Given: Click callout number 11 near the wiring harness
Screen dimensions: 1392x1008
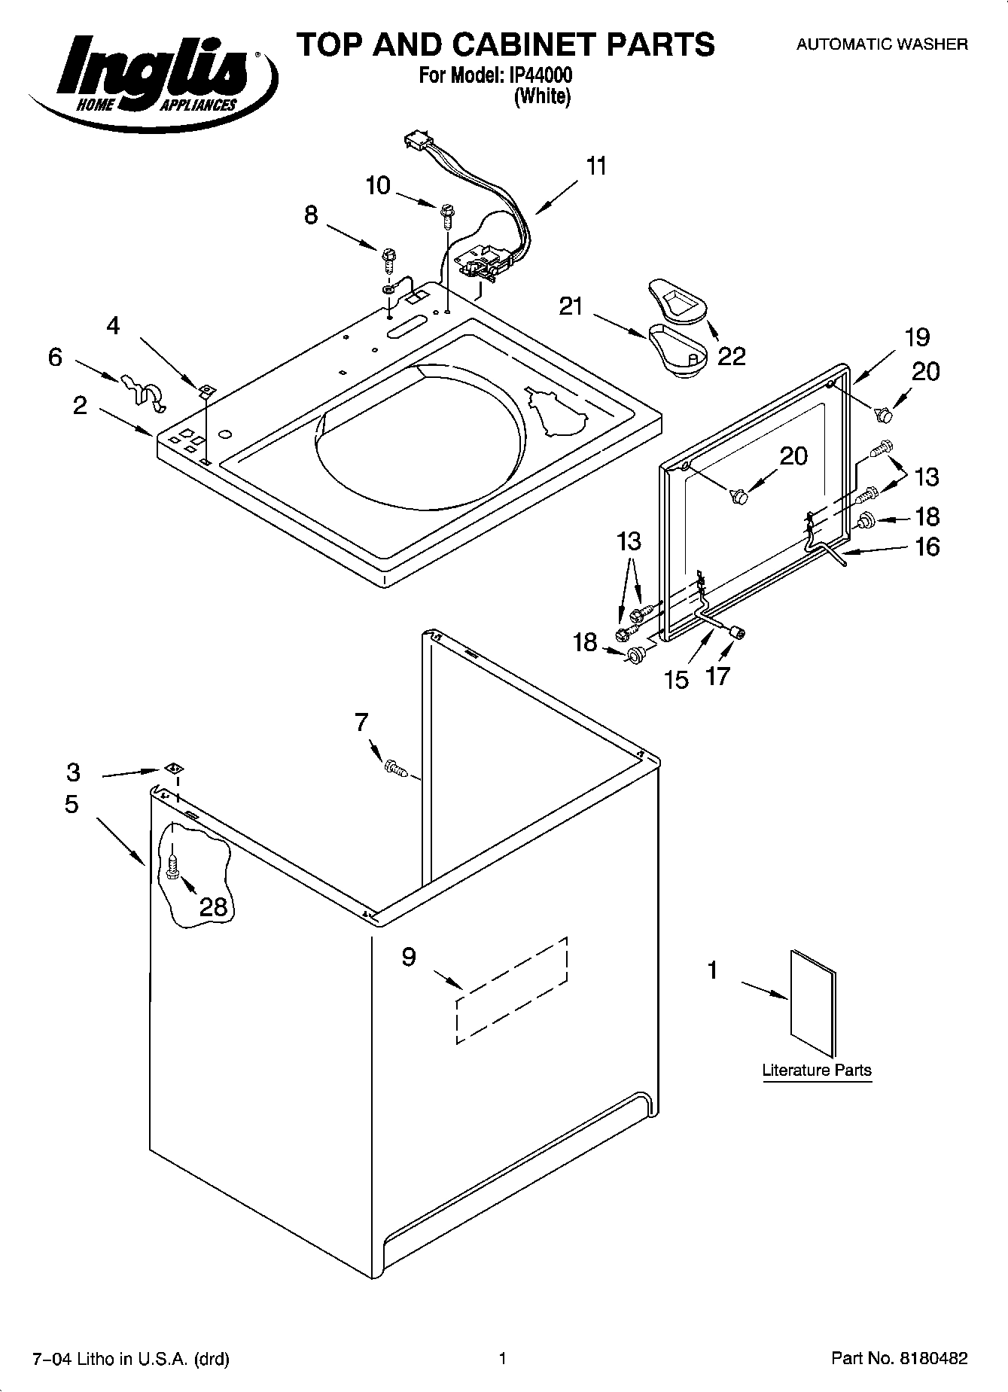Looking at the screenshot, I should point(596,166).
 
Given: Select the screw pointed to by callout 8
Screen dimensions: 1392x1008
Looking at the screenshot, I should point(389,260).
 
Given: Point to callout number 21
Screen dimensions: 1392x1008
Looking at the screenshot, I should point(571,306).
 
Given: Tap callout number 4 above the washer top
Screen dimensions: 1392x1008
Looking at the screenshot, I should point(113,325).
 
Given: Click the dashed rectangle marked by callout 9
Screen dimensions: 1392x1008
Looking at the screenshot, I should point(511,990).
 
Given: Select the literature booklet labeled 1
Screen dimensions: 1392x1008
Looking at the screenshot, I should point(813,1004).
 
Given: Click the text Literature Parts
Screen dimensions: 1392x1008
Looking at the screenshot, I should point(817,1070).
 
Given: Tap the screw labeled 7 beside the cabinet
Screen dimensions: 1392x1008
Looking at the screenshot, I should point(395,768).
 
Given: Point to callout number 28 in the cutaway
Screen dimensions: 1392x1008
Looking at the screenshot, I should point(213,906).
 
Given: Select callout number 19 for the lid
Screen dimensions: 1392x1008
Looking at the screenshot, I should point(917,337).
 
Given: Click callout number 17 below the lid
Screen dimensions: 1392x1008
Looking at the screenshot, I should point(717,676).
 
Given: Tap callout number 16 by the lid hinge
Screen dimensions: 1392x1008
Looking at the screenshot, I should point(927,547).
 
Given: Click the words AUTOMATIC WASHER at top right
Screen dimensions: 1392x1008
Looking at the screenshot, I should point(882,44).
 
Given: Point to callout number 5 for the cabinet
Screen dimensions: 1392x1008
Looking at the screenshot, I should point(72,804).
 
